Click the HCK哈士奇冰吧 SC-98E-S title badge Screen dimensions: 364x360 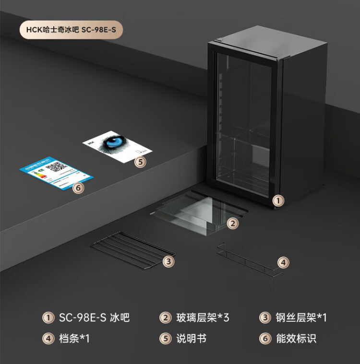72,30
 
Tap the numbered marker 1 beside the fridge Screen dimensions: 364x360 278,200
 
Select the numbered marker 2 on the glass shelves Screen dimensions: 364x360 233,223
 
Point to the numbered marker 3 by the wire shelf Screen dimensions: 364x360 168,261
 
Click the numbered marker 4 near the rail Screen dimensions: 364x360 284,262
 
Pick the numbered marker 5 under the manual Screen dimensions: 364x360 140,162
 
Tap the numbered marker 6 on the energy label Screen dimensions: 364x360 78,188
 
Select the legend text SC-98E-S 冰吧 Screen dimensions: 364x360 94,317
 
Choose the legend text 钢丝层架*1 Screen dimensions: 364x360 301,317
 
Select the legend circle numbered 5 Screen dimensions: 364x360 166,339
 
